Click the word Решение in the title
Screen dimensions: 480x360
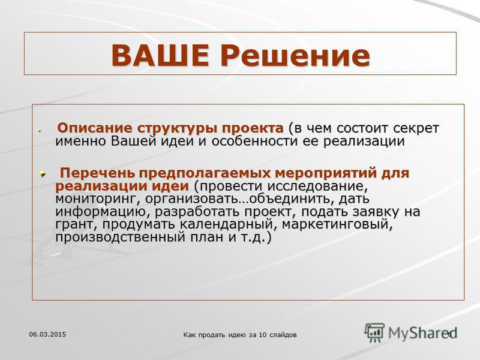point(295,55)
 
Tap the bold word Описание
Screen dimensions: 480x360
point(95,128)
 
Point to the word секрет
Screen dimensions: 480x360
point(416,128)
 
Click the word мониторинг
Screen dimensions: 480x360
point(95,199)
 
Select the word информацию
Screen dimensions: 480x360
point(102,212)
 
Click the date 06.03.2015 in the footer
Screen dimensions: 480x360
point(47,334)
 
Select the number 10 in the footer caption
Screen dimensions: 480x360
point(262,335)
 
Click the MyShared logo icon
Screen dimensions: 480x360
point(374,332)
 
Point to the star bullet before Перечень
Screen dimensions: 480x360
point(42,174)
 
